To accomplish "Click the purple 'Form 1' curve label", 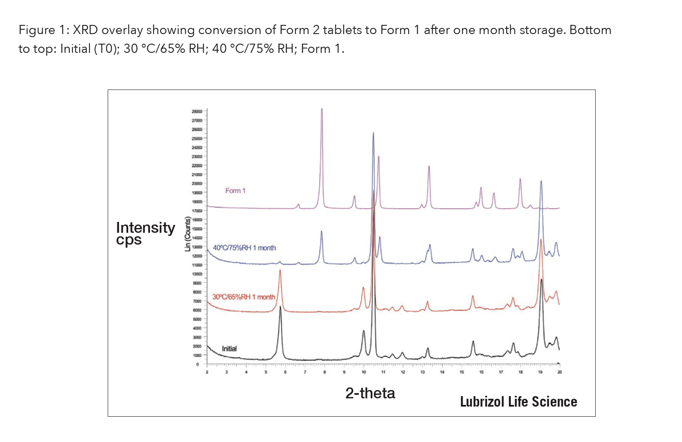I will tap(235, 190).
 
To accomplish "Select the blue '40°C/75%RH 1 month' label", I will tap(244, 248).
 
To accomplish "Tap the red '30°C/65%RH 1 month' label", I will tap(243, 297).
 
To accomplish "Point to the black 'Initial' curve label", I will tap(229, 349).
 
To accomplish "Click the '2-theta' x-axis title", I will tap(370, 393).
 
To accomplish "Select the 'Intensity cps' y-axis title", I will tap(145, 233).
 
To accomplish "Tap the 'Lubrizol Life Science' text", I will tap(518, 402).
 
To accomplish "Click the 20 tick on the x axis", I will tap(559, 372).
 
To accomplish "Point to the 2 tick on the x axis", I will tap(207, 372).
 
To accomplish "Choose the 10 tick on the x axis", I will tap(364, 372).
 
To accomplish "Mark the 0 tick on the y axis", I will tap(198, 364).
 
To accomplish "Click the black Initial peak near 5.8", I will tap(280, 307).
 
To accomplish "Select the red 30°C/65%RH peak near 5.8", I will tap(280, 271).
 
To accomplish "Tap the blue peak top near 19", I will tap(541, 181).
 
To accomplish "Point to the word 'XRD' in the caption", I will tap(85, 30).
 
